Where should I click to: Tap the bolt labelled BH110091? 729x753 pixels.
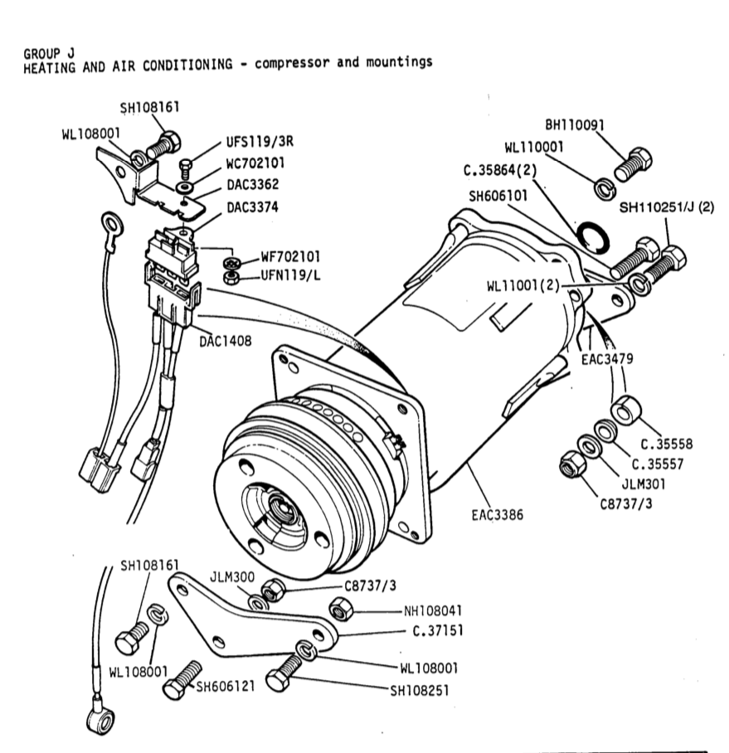636,166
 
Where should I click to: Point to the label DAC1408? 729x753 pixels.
224,339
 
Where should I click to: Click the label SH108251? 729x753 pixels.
419,687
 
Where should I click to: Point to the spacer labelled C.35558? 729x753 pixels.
624,411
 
